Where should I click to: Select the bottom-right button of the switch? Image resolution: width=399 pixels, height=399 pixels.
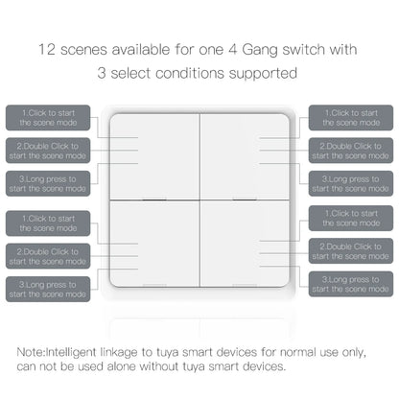click(x=245, y=245)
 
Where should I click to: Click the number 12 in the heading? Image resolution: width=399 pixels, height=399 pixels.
click(x=48, y=48)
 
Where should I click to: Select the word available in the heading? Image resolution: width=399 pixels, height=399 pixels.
click(x=134, y=48)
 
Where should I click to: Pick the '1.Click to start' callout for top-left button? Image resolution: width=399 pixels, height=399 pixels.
click(x=48, y=118)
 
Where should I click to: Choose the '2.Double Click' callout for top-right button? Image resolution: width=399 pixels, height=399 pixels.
click(x=351, y=151)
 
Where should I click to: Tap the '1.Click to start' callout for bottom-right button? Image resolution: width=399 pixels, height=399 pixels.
click(x=351, y=220)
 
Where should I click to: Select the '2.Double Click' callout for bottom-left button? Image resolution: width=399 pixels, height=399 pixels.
click(x=48, y=254)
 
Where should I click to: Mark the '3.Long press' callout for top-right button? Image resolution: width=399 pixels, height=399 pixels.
click(x=351, y=183)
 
